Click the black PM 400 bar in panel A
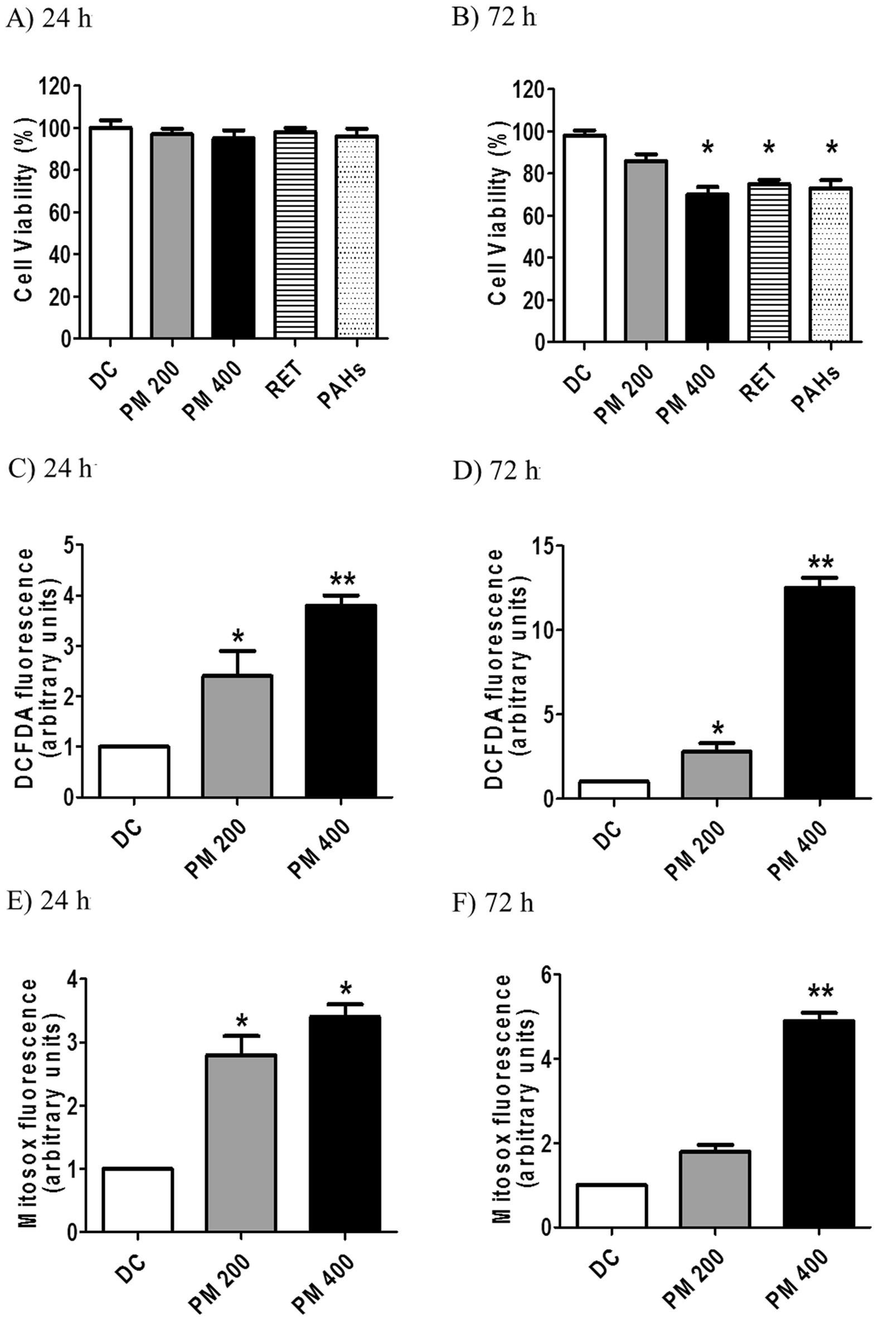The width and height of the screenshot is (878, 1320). coord(233,238)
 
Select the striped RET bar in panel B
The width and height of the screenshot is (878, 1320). coord(769,262)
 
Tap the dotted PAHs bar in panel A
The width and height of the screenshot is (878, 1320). coord(357,238)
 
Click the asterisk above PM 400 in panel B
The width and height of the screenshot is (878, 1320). coord(707,149)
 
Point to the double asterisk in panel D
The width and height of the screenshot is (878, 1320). coord(820,563)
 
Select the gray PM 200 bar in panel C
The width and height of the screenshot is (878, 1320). coord(237,736)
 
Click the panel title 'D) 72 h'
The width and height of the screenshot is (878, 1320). coord(496,472)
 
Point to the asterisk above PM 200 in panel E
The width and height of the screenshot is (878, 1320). coord(241,1018)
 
